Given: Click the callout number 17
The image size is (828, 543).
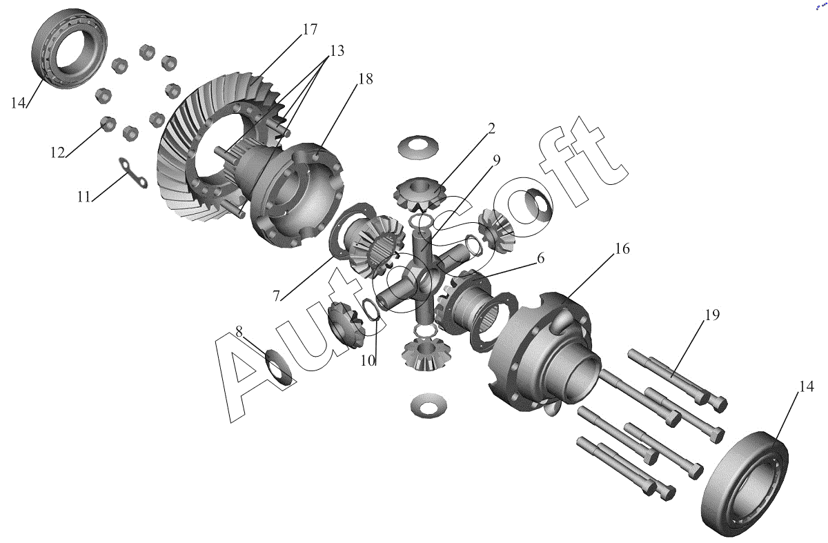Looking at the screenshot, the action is pos(310,29).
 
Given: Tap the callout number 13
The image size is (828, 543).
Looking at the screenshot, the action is pos(337,50).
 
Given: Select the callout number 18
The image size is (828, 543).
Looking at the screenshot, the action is pos(365,79).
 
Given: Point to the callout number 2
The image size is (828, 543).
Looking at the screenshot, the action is pos(491,128).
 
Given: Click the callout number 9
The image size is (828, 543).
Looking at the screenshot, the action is pos(496,160).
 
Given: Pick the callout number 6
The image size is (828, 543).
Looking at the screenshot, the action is pos(540,258).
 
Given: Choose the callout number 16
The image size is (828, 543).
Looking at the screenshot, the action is pos(276,296).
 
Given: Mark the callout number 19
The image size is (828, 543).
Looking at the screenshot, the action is pos(239,331).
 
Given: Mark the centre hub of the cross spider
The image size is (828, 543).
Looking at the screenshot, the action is pos(422,281).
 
